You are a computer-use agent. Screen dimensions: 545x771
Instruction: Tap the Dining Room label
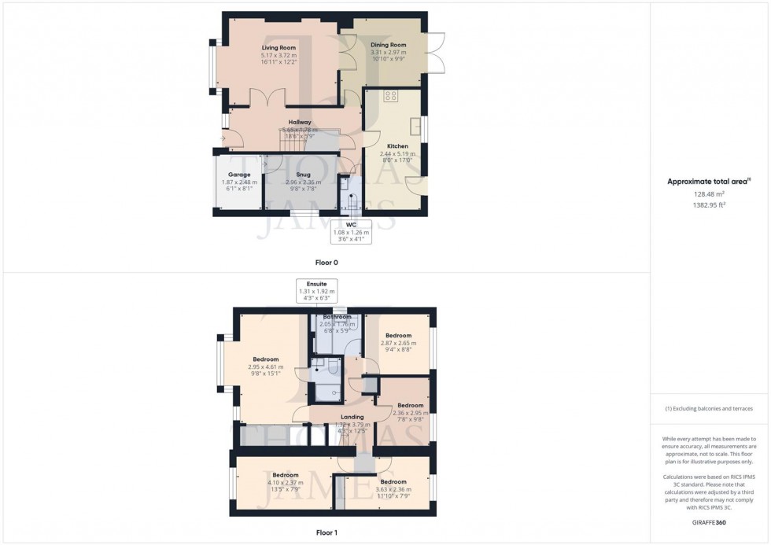(387, 45)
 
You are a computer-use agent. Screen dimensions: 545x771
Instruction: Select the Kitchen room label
(396, 146)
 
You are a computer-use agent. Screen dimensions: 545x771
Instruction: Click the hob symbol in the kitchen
(390, 96)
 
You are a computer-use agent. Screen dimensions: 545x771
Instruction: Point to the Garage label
(239, 175)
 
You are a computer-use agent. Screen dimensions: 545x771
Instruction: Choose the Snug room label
(303, 175)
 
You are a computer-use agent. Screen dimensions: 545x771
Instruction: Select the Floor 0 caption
(325, 262)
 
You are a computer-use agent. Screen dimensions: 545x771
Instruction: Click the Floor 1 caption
(325, 532)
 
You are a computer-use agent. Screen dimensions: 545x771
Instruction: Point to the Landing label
(352, 417)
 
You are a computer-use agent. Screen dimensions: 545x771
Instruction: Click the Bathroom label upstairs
(337, 317)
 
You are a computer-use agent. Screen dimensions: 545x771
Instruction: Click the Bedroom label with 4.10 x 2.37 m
(286, 475)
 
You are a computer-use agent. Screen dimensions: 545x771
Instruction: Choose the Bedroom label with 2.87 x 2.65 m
(398, 336)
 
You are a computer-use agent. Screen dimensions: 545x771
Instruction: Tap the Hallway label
(299, 122)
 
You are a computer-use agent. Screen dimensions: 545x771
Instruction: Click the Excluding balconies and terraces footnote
(709, 408)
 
